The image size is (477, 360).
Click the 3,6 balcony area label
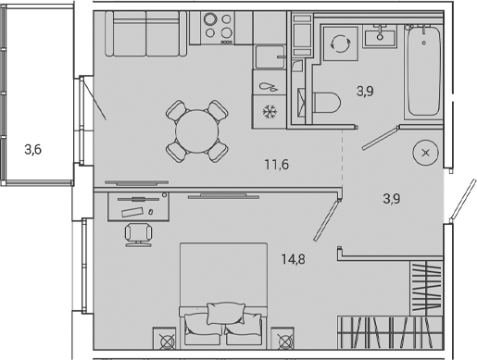click(32, 147)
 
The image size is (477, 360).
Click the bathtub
click(426, 70)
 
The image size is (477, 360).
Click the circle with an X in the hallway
click(425, 154)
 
